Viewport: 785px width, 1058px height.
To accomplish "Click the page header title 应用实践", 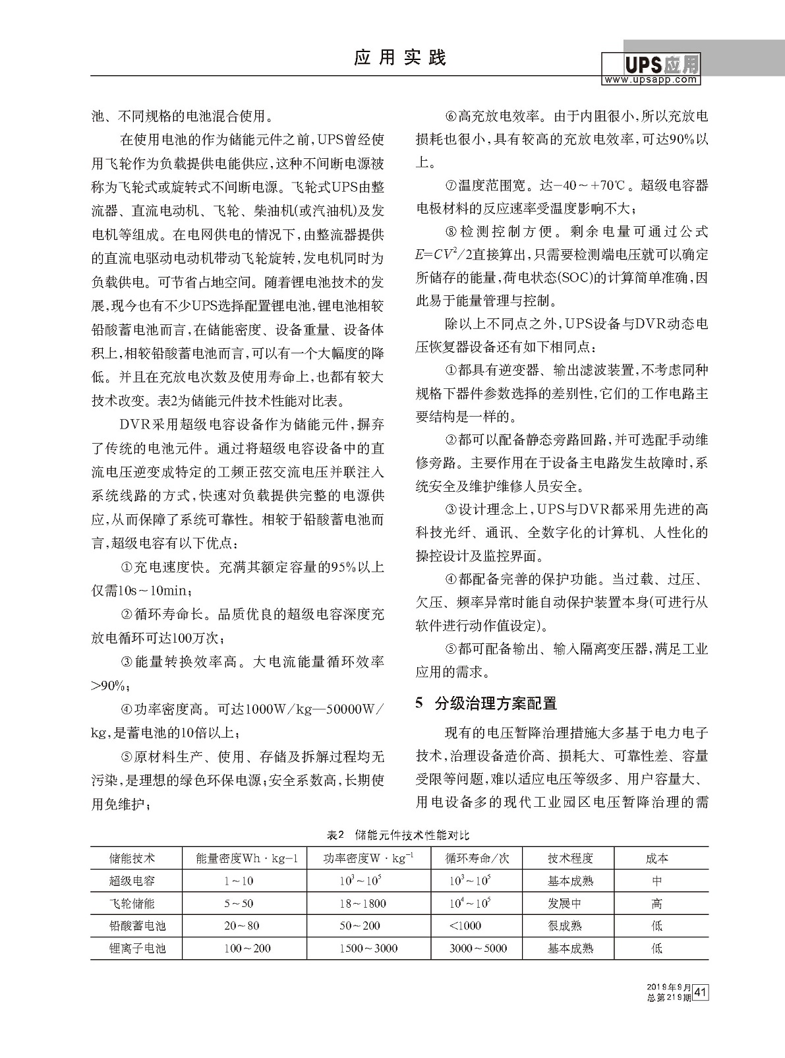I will point(400,58).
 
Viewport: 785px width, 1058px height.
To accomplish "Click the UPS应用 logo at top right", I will point(651,65).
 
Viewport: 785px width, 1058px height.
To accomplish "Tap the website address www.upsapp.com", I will point(651,80).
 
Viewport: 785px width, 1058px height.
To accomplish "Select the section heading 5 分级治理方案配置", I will point(486,703).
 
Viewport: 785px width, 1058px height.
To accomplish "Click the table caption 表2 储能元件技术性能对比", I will point(399,835).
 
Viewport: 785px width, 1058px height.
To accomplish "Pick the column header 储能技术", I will point(132,858).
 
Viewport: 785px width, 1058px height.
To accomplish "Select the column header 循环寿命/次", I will point(477,858).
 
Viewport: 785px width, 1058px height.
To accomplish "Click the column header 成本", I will point(656,858).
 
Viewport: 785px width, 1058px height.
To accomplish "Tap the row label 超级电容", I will point(132,881).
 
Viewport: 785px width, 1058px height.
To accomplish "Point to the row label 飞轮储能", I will point(132,903).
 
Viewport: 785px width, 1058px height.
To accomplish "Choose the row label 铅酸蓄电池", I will point(137,926).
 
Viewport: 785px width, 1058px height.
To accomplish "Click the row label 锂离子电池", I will point(137,948).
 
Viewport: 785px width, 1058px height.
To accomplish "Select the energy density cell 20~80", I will point(241,926).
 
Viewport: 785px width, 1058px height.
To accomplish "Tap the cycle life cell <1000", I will point(465,926).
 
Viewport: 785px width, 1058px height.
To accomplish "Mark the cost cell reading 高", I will point(656,903).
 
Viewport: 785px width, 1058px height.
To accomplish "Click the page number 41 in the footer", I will point(701,992).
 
